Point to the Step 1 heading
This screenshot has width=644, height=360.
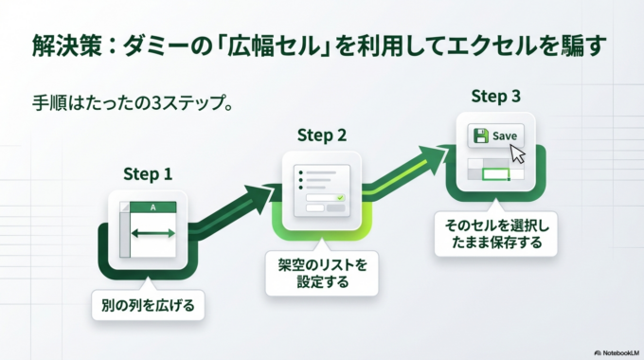click(148, 174)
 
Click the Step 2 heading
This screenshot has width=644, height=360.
click(321, 135)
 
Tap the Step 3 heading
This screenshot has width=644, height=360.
click(495, 96)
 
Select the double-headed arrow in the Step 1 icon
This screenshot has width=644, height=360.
click(153, 233)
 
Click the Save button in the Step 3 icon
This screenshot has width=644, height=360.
click(496, 135)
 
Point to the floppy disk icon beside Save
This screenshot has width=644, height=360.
click(481, 135)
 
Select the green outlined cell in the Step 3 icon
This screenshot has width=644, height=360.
click(496, 174)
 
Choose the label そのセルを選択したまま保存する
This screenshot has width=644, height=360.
click(496, 233)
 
